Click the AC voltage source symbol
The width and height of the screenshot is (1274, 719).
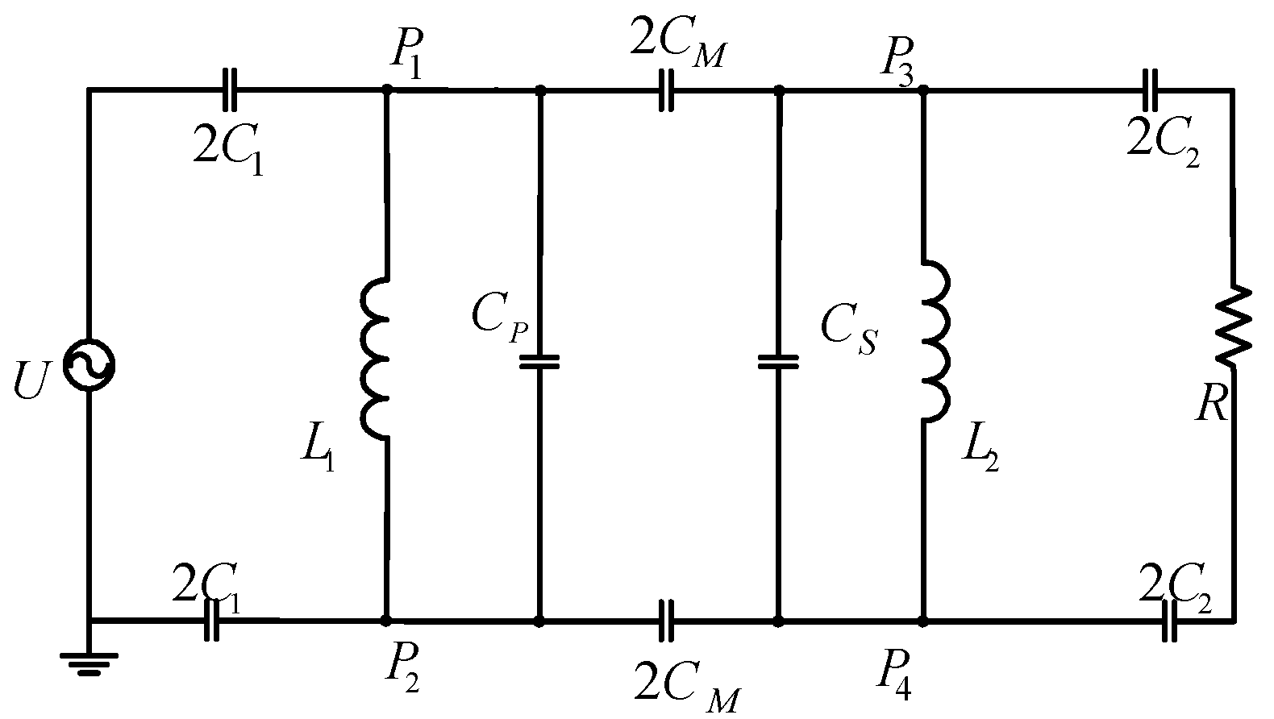coord(88,366)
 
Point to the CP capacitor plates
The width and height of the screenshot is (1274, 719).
coord(539,362)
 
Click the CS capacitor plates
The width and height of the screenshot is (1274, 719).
coord(778,362)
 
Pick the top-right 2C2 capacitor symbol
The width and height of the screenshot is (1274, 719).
coord(1150,89)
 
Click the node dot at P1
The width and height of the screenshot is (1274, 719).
coord(387,89)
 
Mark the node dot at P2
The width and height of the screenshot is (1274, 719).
coord(387,621)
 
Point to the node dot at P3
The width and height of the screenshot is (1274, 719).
coord(924,89)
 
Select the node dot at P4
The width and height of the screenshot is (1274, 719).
coord(924,621)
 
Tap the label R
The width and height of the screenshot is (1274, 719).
coord(1212,405)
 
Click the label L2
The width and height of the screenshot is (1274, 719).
coord(980,457)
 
